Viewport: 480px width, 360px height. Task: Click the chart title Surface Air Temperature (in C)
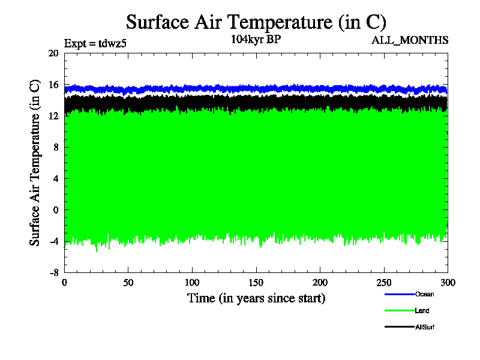(256, 22)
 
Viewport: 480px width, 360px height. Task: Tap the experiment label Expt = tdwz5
(95, 43)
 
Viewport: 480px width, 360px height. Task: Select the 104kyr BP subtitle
(256, 40)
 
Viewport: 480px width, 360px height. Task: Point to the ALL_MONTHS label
(410, 40)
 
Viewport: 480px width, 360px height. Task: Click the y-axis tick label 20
(53, 53)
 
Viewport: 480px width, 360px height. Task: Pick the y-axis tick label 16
(53, 85)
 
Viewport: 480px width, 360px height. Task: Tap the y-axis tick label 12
(53, 116)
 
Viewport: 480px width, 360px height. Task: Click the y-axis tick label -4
(53, 241)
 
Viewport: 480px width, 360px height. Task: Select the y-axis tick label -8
(53, 272)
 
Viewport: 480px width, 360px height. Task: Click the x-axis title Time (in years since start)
(256, 298)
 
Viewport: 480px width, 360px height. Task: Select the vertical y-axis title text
(35, 162)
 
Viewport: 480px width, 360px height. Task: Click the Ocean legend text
(424, 294)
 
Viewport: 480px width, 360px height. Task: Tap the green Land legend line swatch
(399, 311)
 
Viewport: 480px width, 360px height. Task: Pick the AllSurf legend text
(425, 327)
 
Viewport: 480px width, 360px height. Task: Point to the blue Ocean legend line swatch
(399, 294)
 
